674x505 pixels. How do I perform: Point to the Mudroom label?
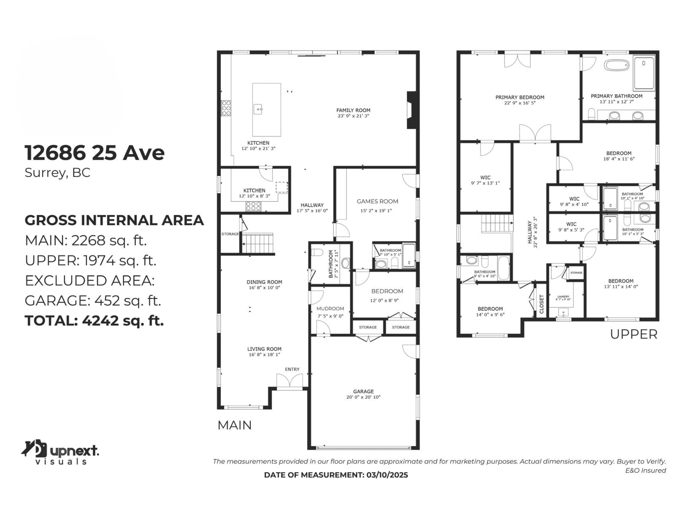330,308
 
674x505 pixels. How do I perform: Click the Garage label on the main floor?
363,391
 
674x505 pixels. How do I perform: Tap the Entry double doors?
289,381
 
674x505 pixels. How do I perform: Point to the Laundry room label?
563,297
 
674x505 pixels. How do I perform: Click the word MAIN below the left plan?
234,425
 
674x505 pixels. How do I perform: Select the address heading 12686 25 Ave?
94,153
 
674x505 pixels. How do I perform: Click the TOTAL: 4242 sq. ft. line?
94,321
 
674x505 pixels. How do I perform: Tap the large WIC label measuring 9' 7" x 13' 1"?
485,177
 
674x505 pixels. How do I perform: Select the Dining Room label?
264,282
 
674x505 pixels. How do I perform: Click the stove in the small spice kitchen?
253,206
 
